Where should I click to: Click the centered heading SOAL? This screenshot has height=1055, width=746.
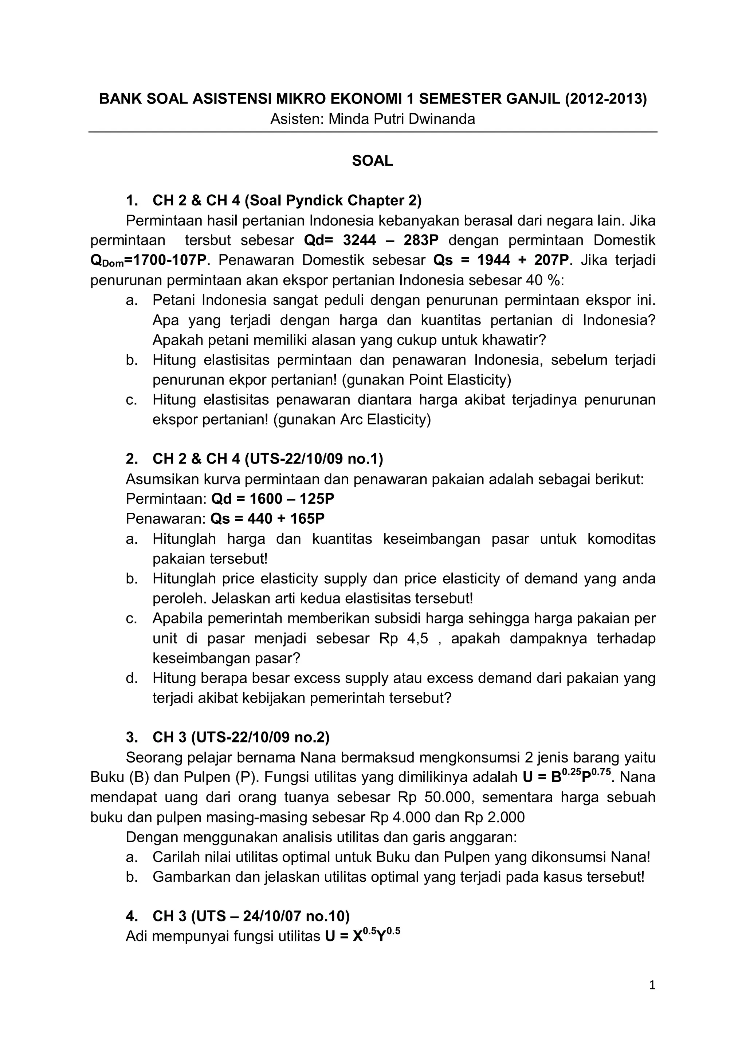pyautogui.click(x=372, y=161)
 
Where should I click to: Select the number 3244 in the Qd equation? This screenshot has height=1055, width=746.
pyautogui.click(x=360, y=240)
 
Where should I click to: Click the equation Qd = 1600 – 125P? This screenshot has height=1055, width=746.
pyautogui.click(x=272, y=499)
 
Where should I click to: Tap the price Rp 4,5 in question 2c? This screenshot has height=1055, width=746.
pyautogui.click(x=404, y=639)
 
